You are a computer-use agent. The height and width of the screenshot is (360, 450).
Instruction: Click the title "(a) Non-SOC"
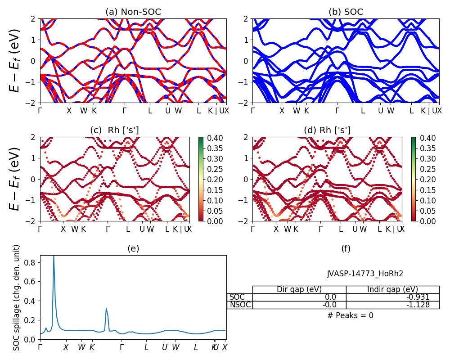coord(133,12)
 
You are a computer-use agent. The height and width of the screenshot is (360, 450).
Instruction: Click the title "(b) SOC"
coord(346,12)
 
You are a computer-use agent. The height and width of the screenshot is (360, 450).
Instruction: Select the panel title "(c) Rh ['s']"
coord(114,130)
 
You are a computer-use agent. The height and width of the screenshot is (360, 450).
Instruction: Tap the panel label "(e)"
coord(133,248)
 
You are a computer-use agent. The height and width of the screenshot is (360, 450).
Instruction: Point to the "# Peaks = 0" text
coord(351,315)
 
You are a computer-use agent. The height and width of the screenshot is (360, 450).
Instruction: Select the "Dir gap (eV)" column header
coord(299,289)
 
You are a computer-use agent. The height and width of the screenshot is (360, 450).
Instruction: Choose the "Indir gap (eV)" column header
coord(392,289)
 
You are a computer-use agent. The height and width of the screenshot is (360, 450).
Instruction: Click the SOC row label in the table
coord(237,297)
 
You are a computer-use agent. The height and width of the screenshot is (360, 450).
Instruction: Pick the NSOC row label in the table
coord(240,305)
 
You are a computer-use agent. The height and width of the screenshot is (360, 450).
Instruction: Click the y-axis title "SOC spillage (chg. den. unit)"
coord(17,297)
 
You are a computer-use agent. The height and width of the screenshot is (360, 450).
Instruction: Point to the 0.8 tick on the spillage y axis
coord(32,262)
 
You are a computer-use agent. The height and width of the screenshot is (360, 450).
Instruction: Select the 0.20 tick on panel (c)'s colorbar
coord(210,179)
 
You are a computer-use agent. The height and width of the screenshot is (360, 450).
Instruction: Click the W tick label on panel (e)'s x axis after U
coord(175,347)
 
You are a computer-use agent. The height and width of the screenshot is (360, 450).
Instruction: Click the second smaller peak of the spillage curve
coord(106,308)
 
